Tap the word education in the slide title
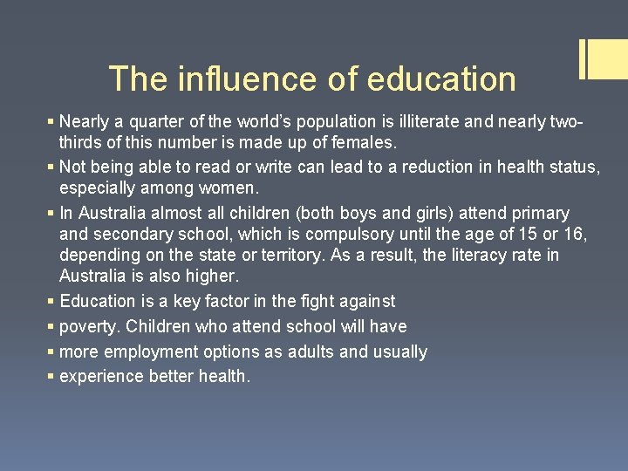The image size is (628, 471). (441, 79)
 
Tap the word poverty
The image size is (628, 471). (90, 326)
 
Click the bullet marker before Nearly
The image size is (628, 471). (51, 121)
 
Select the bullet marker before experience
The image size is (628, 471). (51, 377)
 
